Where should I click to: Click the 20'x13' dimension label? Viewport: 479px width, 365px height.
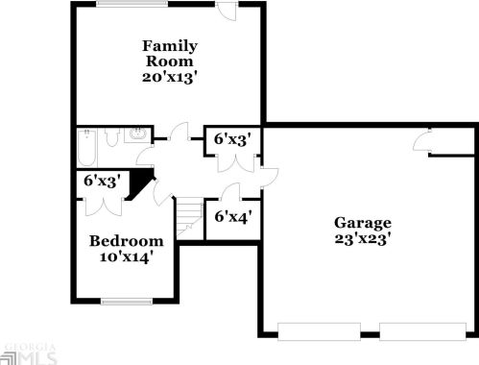click(x=170, y=78)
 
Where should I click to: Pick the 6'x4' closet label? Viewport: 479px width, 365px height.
click(x=231, y=216)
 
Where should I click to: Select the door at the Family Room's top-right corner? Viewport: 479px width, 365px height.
click(x=228, y=11)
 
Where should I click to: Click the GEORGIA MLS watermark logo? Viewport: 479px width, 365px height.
click(x=29, y=354)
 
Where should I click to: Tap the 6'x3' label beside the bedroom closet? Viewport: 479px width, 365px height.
click(x=101, y=180)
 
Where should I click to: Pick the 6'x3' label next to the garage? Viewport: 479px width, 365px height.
click(x=231, y=139)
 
